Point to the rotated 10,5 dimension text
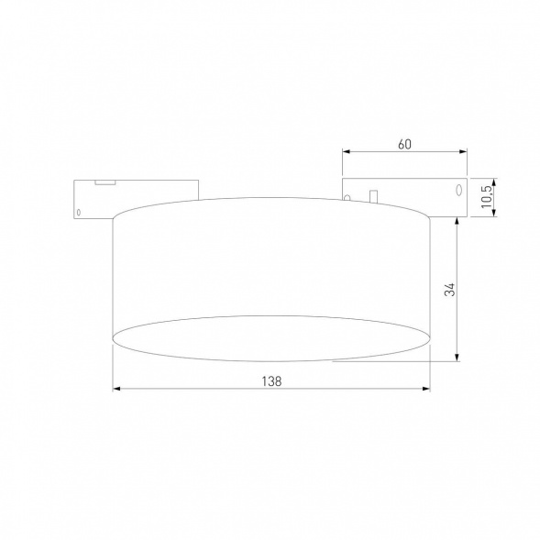click(487, 195)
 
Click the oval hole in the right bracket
click(455, 191)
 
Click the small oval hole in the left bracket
click(79, 213)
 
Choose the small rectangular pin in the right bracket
click(372, 194)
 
